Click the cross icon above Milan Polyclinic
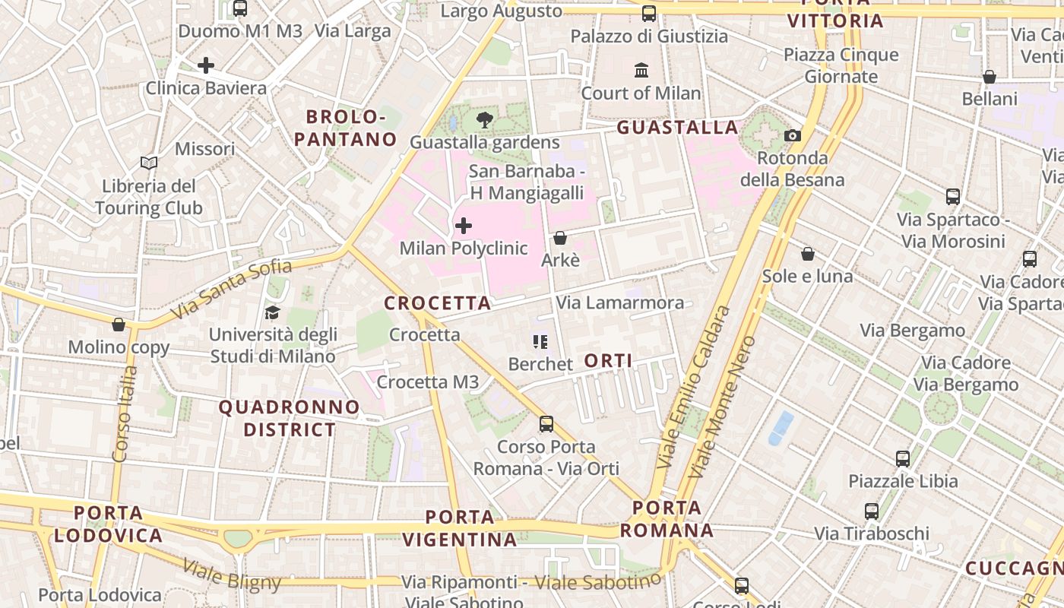pyautogui.click(x=463, y=226)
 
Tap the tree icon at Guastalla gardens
pyautogui.click(x=484, y=119)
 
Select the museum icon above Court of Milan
pyautogui.click(x=641, y=71)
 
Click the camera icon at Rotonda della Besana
pyautogui.click(x=793, y=135)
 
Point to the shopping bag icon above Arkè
pyautogui.click(x=560, y=238)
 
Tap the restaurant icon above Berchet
pyautogui.click(x=540, y=342)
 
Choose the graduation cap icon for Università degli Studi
pyautogui.click(x=272, y=312)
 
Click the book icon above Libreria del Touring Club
pyautogui.click(x=149, y=163)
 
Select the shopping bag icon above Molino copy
pyautogui.click(x=119, y=325)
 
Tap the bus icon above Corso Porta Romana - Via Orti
pyautogui.click(x=546, y=423)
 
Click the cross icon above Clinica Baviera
pyautogui.click(x=206, y=65)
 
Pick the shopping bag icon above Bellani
pyautogui.click(x=990, y=77)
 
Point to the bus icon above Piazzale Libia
pyautogui.click(x=903, y=458)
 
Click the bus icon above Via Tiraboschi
pyautogui.click(x=872, y=511)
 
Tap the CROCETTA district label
pyautogui.click(x=438, y=303)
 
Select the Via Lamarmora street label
pyautogui.click(x=619, y=302)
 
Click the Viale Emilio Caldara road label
pyautogui.click(x=693, y=388)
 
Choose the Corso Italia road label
pyautogui.click(x=125, y=414)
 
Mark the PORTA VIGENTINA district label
pyautogui.click(x=459, y=528)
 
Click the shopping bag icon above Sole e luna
pyautogui.click(x=808, y=253)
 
